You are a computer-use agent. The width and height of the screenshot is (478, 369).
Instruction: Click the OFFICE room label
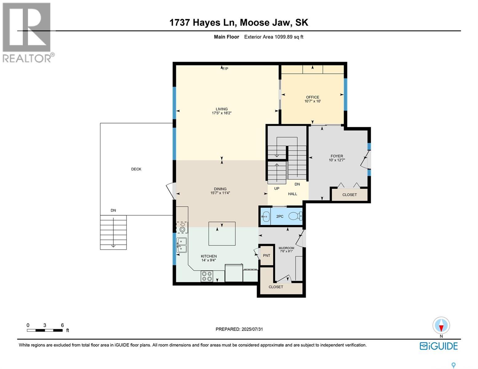click(312, 97)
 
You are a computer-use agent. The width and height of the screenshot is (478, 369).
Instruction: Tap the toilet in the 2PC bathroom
click(295, 216)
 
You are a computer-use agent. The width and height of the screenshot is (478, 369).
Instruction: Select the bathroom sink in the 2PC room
click(265, 216)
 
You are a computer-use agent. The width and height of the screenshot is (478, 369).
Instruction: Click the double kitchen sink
click(182, 245)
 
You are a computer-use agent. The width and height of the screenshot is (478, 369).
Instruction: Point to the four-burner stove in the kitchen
click(207, 276)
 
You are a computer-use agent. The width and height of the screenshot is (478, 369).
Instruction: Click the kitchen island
click(222, 234)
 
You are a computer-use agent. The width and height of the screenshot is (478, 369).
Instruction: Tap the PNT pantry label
click(266, 255)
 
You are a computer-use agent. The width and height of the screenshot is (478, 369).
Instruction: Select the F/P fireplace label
click(225, 69)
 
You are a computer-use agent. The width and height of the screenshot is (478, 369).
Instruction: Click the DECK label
click(136, 169)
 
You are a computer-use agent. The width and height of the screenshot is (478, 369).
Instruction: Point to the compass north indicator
click(441, 327)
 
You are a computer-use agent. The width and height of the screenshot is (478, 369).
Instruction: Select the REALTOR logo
click(27, 33)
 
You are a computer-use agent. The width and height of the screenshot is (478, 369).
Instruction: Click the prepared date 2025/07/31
click(252, 329)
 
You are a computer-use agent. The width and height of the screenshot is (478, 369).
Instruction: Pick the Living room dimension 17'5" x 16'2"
click(222, 113)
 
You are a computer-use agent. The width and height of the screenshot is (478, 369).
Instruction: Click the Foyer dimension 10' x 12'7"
click(336, 160)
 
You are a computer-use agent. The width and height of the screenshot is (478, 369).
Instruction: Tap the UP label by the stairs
click(276, 188)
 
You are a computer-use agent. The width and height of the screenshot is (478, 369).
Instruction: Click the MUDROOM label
click(286, 248)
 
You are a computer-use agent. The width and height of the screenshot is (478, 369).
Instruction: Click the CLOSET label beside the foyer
click(349, 195)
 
